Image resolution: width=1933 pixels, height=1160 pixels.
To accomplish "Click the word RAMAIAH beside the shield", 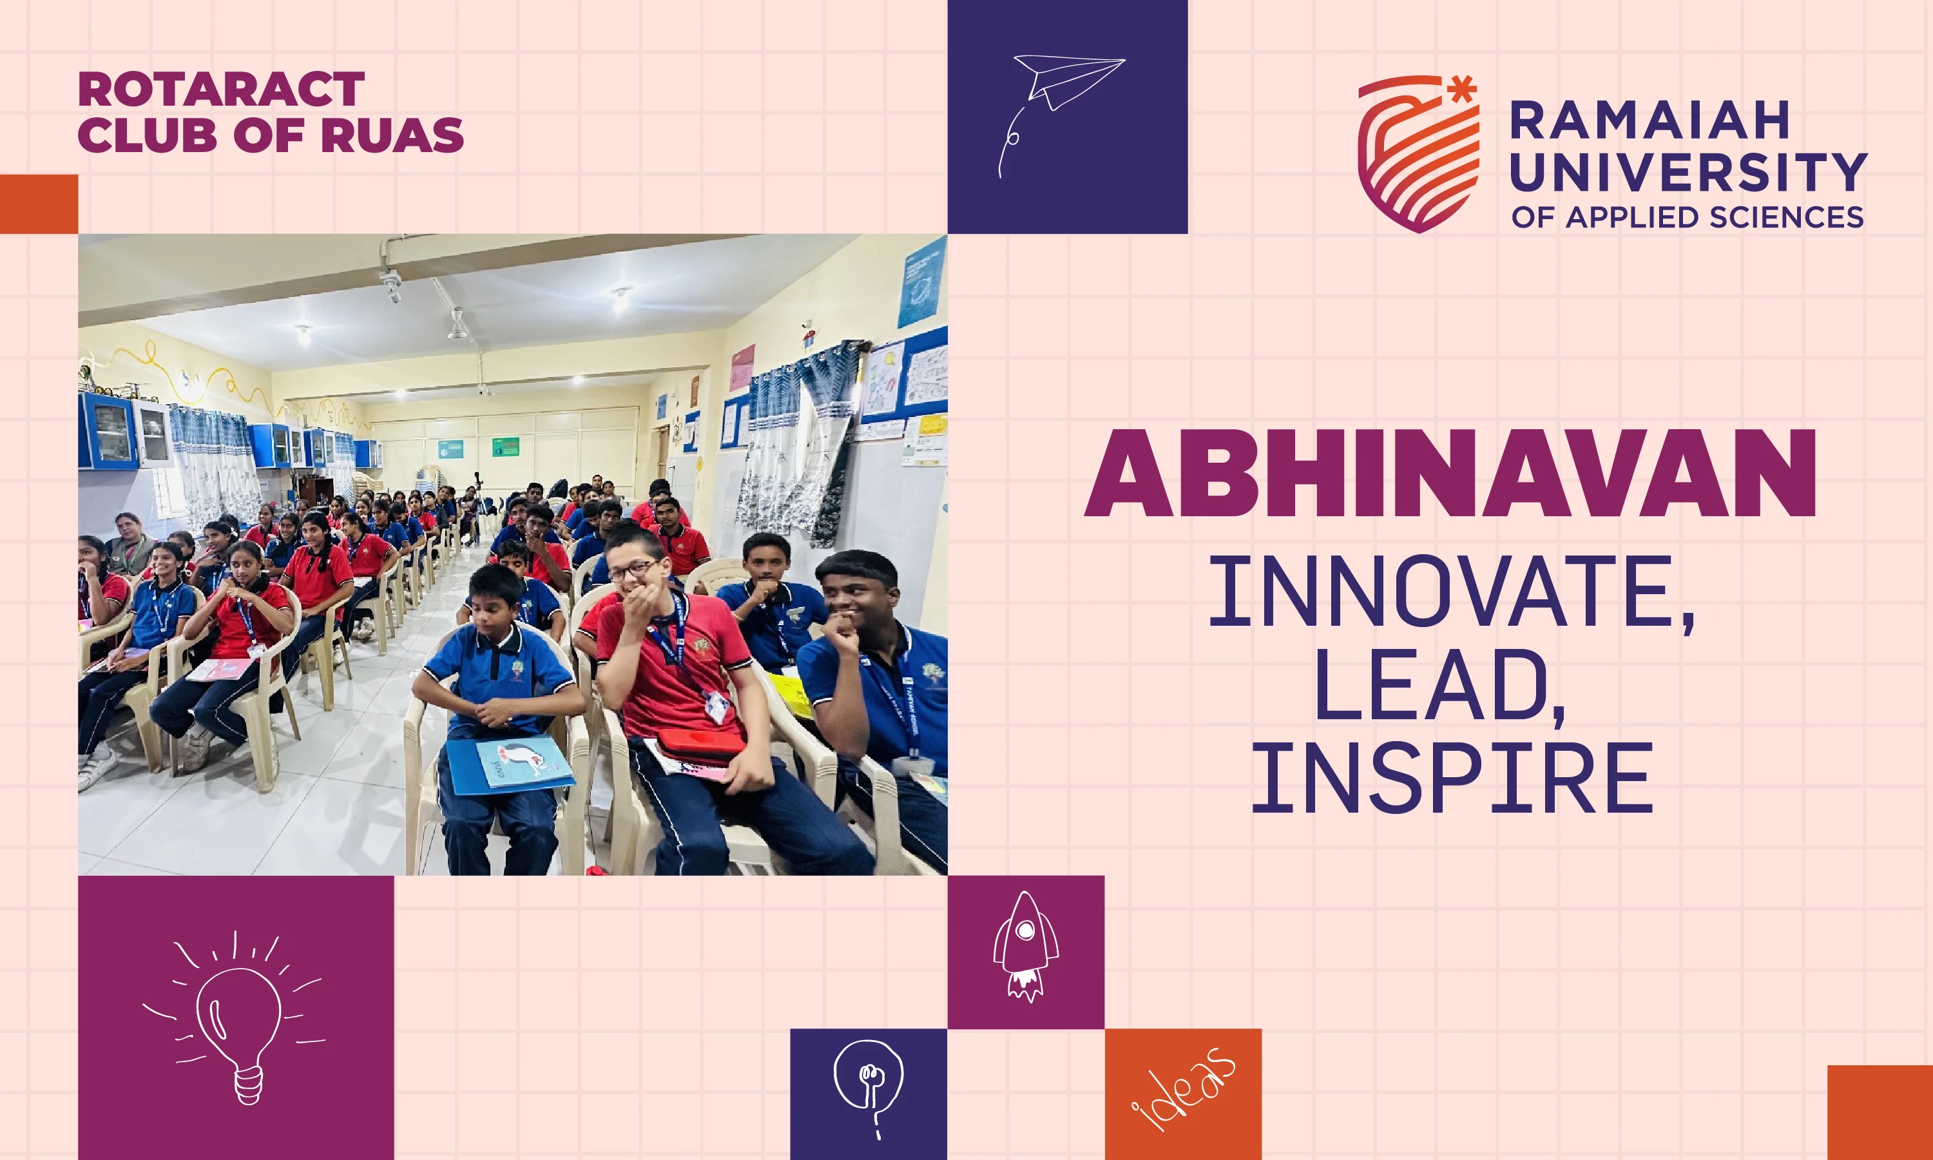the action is pyautogui.click(x=1649, y=121).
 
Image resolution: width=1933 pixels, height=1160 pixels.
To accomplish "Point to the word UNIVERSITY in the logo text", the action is pyautogui.click(x=1688, y=172).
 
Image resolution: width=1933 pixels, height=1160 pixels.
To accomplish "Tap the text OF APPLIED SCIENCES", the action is pyautogui.click(x=1688, y=217).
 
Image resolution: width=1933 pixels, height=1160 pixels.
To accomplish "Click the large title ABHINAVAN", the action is pyautogui.click(x=1450, y=474).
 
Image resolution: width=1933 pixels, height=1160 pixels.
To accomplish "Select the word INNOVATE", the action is pyautogui.click(x=1452, y=592).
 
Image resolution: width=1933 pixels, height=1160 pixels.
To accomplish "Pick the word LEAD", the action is pyautogui.click(x=1440, y=686).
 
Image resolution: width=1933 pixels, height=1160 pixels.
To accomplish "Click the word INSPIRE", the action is pyautogui.click(x=1452, y=778).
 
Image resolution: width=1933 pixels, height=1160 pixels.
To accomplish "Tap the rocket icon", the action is pyautogui.click(x=1025, y=947).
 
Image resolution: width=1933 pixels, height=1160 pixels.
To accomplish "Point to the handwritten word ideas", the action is pyautogui.click(x=1184, y=1088).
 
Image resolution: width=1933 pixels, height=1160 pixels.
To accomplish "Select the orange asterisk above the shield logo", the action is pyautogui.click(x=1462, y=89).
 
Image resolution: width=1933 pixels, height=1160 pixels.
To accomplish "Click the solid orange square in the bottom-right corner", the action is pyautogui.click(x=1880, y=1112).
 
